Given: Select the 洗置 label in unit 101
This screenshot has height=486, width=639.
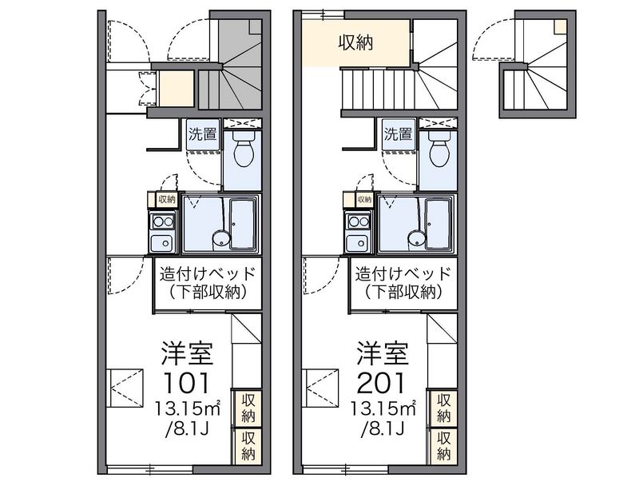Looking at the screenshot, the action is (203, 133).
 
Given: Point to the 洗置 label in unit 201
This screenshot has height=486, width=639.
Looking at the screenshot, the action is (398, 133).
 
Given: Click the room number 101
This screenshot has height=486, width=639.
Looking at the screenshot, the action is (186, 383).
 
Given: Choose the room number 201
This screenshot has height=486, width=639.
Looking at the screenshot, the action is (382, 383).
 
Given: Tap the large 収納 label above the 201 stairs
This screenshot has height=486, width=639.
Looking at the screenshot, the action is (355, 42).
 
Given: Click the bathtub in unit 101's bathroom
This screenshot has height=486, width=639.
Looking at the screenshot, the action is (242, 224).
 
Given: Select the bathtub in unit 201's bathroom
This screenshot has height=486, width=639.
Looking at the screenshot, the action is (438, 224).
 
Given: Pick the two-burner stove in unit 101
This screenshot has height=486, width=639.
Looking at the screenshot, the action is (163, 221).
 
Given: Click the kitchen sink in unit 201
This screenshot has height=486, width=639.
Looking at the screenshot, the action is (359, 242).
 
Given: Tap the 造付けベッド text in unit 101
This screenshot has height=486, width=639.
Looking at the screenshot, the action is (208, 273).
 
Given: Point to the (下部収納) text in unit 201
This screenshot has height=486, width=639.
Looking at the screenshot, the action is (403, 292).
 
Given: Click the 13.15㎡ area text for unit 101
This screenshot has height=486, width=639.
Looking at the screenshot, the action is (188, 408).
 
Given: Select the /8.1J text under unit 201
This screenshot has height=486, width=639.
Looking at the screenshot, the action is (383, 428).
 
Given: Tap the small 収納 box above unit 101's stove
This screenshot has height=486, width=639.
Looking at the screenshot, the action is (166, 199).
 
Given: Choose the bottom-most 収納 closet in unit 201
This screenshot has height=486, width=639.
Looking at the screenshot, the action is (443, 445).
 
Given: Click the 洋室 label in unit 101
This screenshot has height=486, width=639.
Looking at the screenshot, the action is (187, 353).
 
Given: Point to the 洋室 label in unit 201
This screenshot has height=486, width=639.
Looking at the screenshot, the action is (383, 353).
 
